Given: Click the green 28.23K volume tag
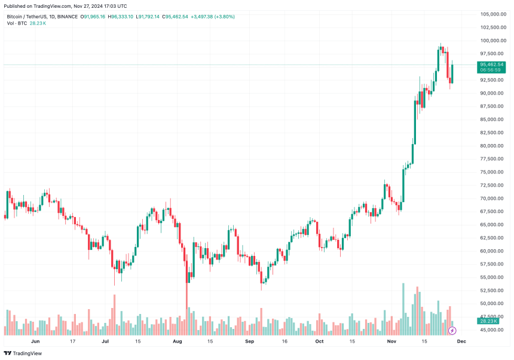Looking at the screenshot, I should [488, 321].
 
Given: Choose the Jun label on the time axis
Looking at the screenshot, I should [35, 341].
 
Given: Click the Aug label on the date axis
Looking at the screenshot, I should [177, 341].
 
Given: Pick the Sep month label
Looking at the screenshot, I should [249, 341].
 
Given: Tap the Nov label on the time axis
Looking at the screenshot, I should [392, 341].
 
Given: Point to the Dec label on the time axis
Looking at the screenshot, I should [461, 341].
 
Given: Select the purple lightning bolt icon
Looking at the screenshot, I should [452, 330].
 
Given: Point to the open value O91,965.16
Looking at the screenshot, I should [93, 17].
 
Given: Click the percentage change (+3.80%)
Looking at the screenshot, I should [222, 17].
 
